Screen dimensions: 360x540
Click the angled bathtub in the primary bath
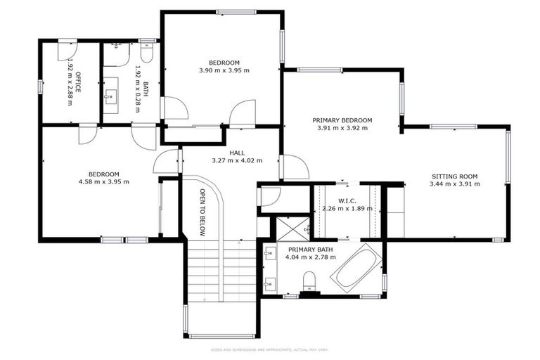(356, 269)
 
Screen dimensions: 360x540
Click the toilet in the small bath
(147, 53)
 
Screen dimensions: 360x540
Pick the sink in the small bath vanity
(112, 96)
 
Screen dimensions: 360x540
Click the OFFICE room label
(79, 82)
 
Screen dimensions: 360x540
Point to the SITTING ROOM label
(454, 176)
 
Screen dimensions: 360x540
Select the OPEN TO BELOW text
(202, 212)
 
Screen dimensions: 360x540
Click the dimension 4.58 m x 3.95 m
(103, 182)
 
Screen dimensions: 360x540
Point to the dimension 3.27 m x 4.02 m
(236, 160)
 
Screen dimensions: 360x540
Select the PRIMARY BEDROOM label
(342, 120)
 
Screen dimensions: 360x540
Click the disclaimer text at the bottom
(269, 349)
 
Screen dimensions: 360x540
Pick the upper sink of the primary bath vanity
(270, 252)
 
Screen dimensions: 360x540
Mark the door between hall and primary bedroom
(295, 167)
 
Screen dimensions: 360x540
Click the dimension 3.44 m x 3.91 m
(454, 184)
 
